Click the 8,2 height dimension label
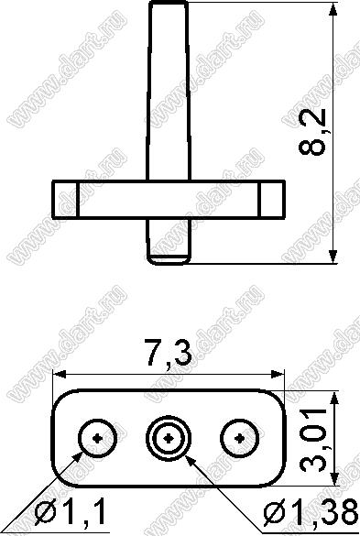pos(312,133)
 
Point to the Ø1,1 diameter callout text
pos(71,511)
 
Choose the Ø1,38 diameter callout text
pos(311,512)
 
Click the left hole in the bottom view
pos(98,438)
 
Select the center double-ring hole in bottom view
pos(169,438)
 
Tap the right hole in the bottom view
pos(240,438)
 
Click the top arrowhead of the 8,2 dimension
pos(333,9)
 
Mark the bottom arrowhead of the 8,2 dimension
pos(333,257)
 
